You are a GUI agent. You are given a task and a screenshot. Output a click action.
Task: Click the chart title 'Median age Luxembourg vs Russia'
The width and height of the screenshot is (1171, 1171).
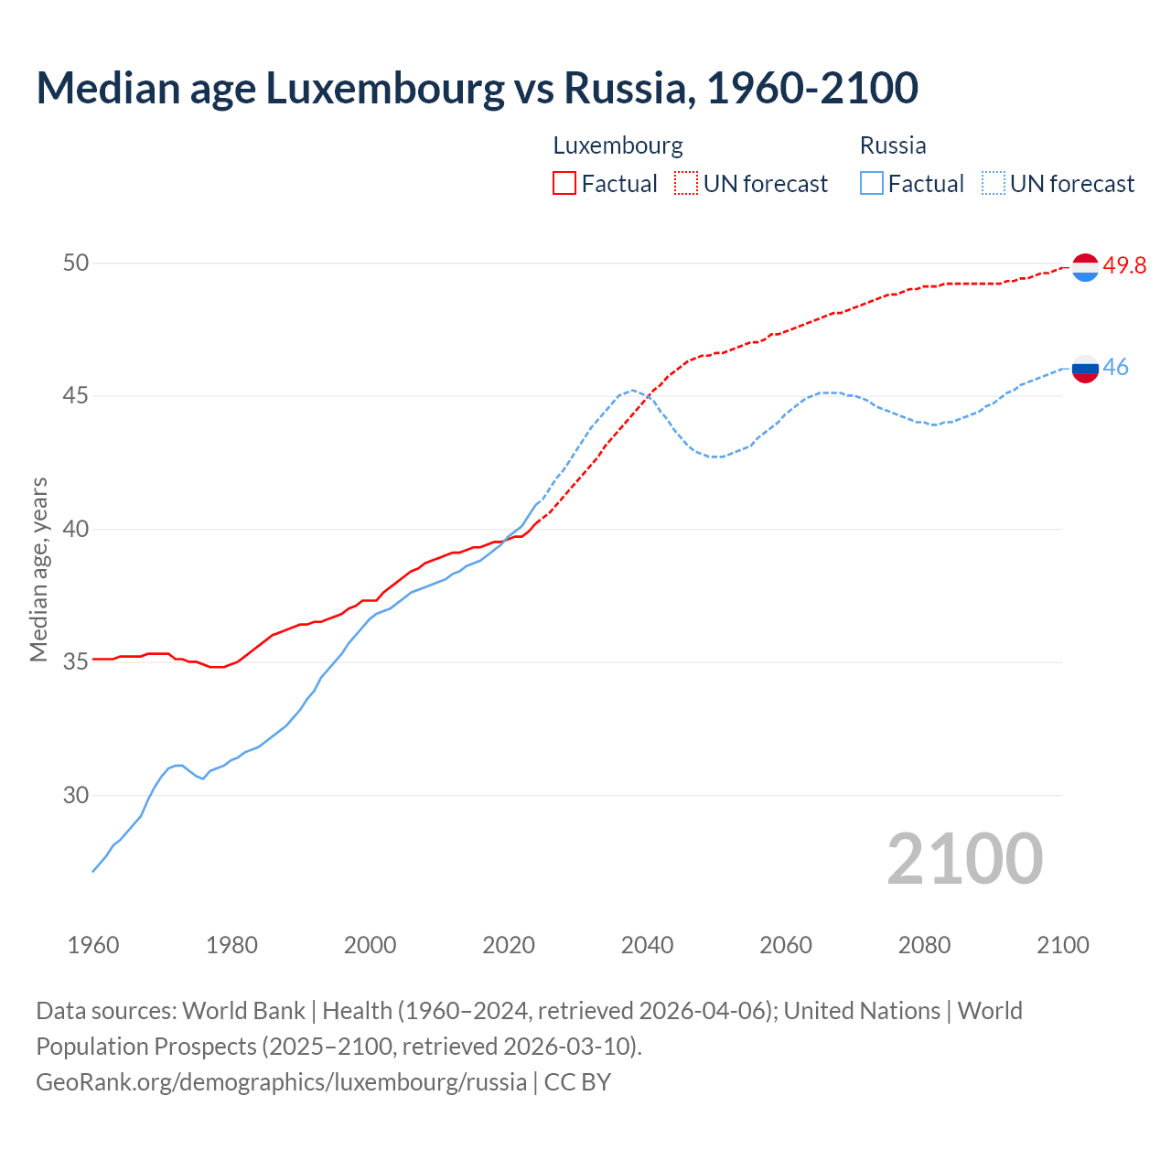click(477, 88)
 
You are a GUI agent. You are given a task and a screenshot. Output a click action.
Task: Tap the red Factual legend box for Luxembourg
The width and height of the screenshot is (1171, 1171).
click(564, 183)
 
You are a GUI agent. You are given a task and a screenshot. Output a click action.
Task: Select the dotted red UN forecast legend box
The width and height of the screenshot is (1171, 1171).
click(686, 183)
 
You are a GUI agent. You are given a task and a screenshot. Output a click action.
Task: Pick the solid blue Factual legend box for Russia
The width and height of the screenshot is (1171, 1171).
click(872, 183)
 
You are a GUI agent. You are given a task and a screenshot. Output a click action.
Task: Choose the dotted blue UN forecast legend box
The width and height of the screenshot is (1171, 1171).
click(994, 183)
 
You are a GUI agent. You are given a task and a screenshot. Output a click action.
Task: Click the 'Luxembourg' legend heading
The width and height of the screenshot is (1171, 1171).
click(618, 145)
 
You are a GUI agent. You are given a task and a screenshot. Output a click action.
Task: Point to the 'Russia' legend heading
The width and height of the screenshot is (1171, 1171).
click(893, 145)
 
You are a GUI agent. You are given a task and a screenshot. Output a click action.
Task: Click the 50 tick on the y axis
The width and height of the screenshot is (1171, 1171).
click(76, 263)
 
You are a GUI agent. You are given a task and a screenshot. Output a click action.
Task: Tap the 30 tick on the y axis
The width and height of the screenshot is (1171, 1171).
click(76, 795)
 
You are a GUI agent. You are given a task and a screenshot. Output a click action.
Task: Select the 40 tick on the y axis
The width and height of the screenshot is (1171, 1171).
click(76, 529)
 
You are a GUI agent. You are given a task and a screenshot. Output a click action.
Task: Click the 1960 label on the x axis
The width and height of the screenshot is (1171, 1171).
click(93, 945)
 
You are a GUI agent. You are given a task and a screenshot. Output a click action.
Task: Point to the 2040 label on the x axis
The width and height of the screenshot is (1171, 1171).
click(647, 945)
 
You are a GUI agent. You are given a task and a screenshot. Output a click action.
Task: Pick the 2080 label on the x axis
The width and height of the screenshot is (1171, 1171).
click(924, 945)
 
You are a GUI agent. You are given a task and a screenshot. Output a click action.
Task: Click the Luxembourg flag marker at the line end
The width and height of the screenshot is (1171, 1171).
click(1085, 267)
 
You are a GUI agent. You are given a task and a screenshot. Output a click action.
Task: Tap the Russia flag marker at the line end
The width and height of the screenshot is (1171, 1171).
click(1085, 370)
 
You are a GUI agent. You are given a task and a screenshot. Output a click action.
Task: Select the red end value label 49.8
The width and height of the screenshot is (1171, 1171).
click(1124, 266)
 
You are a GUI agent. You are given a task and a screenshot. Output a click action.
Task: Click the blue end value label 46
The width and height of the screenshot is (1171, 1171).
click(1116, 368)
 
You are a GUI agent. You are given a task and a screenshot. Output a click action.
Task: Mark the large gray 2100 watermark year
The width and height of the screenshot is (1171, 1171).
click(964, 859)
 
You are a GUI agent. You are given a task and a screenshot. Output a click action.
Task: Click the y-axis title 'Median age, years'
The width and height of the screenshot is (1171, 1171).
click(38, 569)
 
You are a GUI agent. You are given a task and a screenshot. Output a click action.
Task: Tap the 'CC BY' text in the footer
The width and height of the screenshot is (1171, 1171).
click(577, 1082)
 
